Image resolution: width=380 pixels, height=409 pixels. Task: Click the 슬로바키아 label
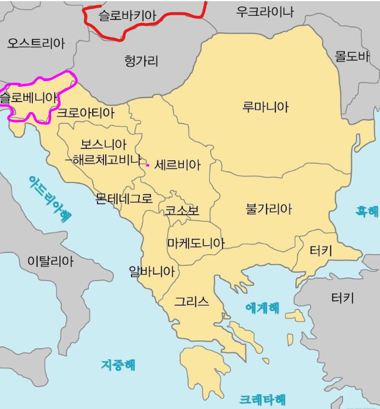pos(127,16)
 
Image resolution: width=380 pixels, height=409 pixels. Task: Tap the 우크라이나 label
pos(265,11)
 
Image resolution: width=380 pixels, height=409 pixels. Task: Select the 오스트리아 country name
pos(36,42)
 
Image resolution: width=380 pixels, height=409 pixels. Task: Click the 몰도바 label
pos(352,56)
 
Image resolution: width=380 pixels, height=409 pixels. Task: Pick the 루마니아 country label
pos(265,107)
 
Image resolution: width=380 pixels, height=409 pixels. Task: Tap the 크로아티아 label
pos(86,113)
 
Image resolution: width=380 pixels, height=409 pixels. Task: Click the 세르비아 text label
pos(178,165)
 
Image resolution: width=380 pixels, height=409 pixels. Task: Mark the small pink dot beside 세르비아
pos(147,165)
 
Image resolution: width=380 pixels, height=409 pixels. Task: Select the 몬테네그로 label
pos(124,198)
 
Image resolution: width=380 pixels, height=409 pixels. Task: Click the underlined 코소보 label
pos(181,211)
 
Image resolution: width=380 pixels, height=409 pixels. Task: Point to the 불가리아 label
pos(269,208)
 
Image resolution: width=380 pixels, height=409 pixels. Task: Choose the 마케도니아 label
pos(196,242)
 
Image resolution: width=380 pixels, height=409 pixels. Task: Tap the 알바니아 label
pos(152,271)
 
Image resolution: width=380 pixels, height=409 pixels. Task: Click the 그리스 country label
pos(191,302)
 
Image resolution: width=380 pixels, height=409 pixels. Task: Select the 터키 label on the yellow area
pos(321,251)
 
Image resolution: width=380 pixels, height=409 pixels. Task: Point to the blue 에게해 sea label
pos(263,307)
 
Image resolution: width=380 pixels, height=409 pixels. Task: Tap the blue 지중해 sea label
pos(118,364)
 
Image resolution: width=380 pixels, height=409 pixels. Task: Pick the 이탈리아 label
pos(51,261)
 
